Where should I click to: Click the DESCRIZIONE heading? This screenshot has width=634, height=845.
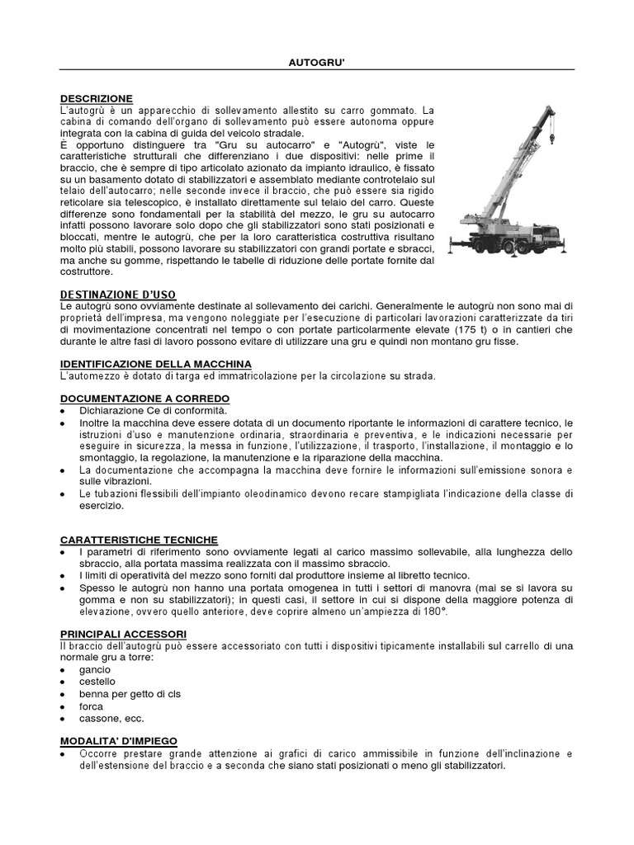pyautogui.click(x=97, y=98)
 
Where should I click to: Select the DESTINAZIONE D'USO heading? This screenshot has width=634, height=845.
pyautogui.click(x=118, y=295)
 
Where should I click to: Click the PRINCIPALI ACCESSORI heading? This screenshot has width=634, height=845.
pyautogui.click(x=123, y=633)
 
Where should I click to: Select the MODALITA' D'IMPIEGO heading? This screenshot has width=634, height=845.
pyautogui.click(x=125, y=741)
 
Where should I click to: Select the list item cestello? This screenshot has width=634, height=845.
pyautogui.click(x=98, y=682)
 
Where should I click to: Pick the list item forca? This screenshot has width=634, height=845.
pyautogui.click(x=92, y=706)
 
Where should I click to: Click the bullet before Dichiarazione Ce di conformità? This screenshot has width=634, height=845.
pyautogui.click(x=64, y=410)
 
